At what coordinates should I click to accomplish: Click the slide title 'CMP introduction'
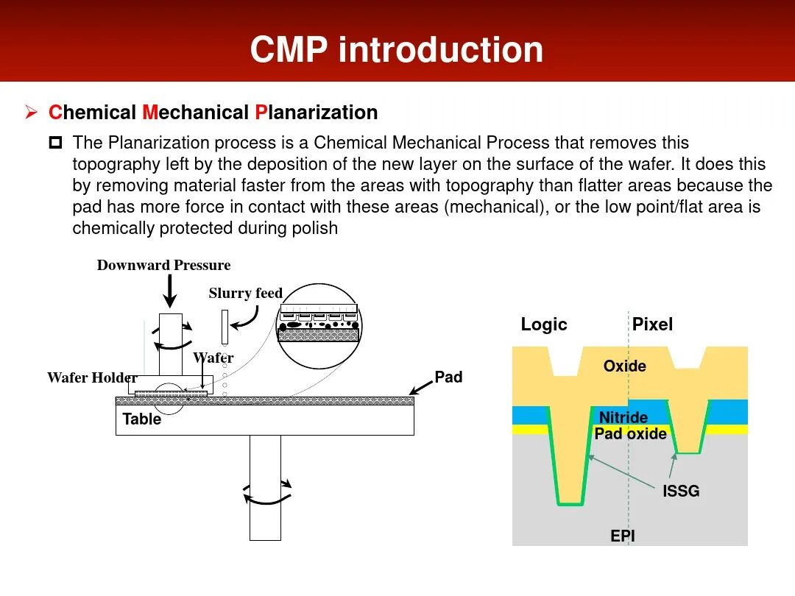397,49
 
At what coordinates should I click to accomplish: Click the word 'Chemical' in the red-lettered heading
92,113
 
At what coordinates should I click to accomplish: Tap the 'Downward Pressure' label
163,266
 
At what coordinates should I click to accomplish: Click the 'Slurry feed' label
245,294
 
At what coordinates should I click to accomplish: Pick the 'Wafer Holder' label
92,378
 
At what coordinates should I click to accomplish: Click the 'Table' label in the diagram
141,419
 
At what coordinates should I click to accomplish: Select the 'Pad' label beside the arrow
448,377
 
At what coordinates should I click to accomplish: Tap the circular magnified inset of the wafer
319,325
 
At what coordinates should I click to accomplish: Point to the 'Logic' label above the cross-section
544,324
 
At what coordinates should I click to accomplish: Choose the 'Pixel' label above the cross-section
652,324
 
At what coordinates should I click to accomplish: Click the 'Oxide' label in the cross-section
624,366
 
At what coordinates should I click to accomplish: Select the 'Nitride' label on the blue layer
623,418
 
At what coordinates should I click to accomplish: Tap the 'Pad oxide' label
630,433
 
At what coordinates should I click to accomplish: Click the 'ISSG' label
681,491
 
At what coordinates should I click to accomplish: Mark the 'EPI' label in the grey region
623,536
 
